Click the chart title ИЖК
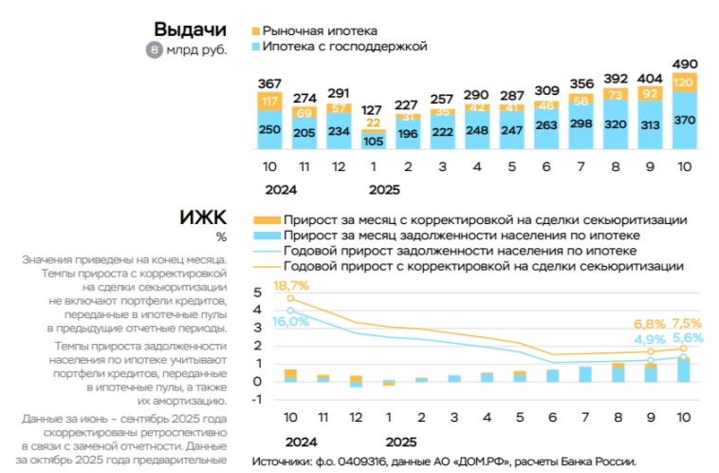203,218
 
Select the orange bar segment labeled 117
269,102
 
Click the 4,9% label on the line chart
650,339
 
